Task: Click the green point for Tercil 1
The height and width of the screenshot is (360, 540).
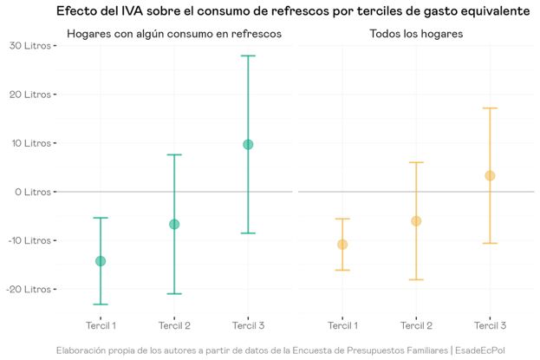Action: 101,261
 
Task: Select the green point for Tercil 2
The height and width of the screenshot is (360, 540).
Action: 174,224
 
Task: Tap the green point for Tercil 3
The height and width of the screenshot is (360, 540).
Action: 248,144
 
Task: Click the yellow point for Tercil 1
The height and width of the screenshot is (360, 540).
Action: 342,245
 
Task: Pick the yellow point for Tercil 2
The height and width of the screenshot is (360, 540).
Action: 416,221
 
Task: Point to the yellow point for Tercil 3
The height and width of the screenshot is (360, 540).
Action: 490,176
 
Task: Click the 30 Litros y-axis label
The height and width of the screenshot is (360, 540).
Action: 30,45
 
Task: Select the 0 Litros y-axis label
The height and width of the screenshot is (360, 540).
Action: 33,192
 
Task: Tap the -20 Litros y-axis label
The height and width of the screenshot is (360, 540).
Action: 28,289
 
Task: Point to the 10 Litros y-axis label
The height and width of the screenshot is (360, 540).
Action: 30,143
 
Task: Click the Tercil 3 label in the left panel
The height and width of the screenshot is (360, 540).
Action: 248,325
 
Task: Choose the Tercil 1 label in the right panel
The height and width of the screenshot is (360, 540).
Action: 342,325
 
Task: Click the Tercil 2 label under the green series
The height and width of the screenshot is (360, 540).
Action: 174,325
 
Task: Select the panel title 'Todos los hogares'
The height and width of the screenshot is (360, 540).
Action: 415,34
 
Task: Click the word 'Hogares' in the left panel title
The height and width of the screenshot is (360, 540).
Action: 89,34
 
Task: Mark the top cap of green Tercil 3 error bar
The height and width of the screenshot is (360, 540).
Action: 248,56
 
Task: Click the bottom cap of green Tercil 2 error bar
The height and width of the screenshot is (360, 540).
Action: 174,294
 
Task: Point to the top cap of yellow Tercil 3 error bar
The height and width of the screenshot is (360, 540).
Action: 490,108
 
